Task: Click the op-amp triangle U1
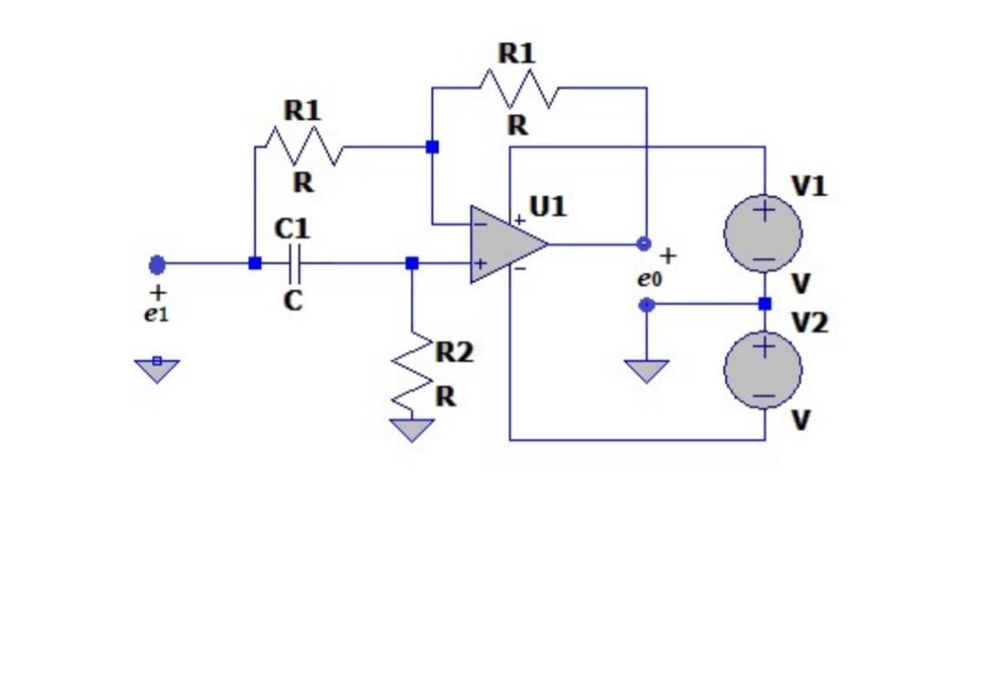point(504,244)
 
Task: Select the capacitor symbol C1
point(296,264)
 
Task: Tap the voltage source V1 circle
point(763,232)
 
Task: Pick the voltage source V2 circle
point(763,370)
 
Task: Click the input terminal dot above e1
point(157,265)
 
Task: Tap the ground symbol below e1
point(157,369)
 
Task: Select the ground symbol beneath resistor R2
point(412,430)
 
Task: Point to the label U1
point(548,205)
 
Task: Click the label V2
point(809,324)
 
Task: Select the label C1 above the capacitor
point(293,228)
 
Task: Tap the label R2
point(454,352)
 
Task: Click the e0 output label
point(649,278)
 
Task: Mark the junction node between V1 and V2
point(765,304)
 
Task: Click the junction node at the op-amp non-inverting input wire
point(412,264)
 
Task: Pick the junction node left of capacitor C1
point(255,264)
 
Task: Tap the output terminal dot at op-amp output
point(643,244)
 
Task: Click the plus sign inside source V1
point(764,211)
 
